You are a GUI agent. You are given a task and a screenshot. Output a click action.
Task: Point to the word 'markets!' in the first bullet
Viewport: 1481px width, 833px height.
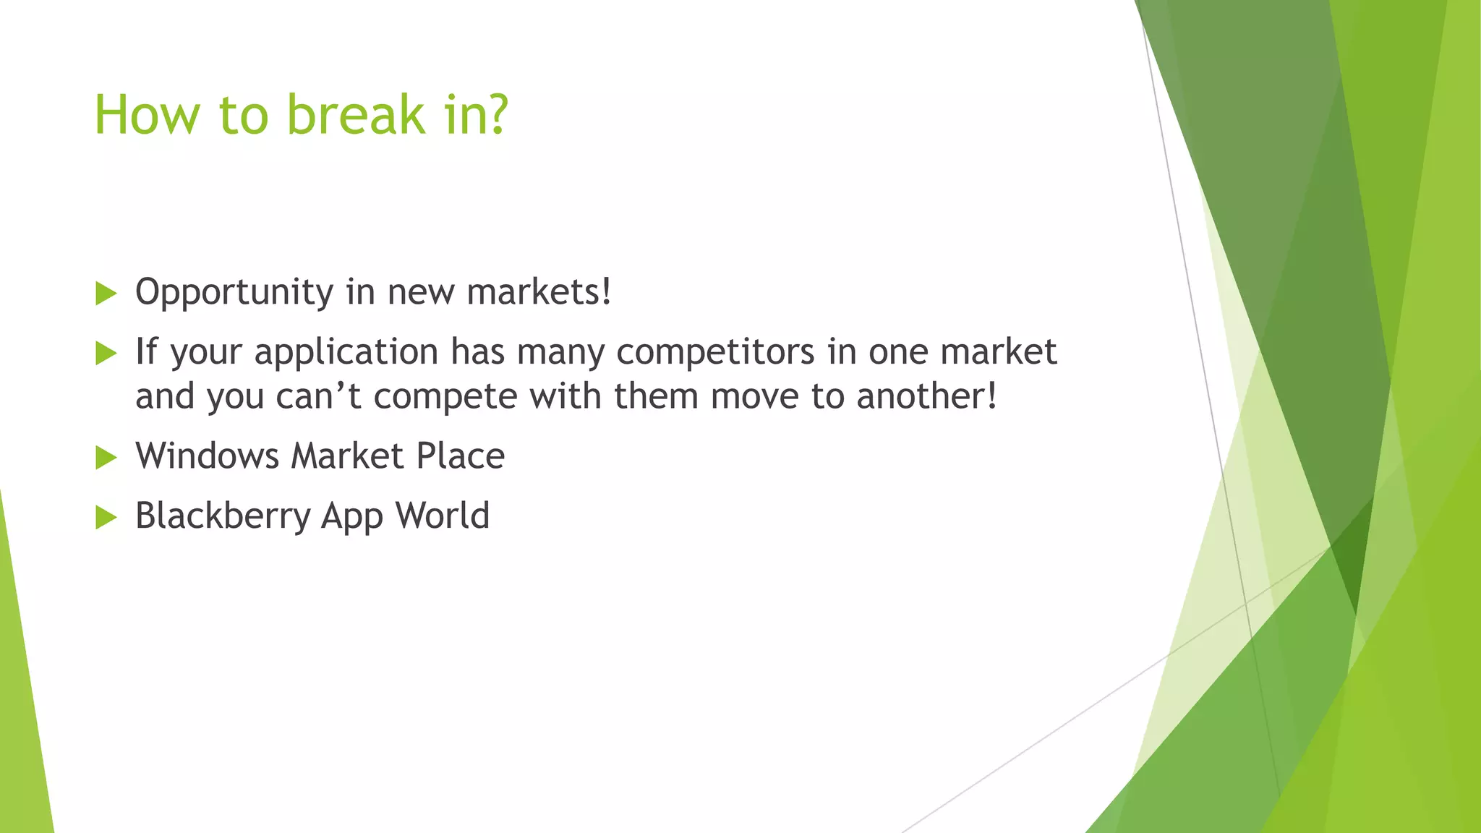pyautogui.click(x=539, y=292)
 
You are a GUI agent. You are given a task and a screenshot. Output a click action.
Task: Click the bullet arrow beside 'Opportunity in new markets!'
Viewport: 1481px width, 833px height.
pyautogui.click(x=106, y=294)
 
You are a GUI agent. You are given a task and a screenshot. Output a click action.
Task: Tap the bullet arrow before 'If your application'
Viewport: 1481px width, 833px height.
pyautogui.click(x=106, y=354)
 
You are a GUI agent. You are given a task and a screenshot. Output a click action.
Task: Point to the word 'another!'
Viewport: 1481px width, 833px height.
pyautogui.click(x=926, y=396)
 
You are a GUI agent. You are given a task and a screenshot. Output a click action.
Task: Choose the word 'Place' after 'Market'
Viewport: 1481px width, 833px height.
pyautogui.click(x=461, y=456)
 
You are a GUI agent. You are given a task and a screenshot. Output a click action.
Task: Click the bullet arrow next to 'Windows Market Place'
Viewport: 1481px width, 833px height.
pyautogui.click(x=106, y=458)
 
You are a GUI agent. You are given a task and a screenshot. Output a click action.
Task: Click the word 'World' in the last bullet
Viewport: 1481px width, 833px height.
pyautogui.click(x=443, y=516)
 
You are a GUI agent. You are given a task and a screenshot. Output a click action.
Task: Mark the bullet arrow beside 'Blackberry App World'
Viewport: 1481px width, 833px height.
pyautogui.click(x=106, y=518)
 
